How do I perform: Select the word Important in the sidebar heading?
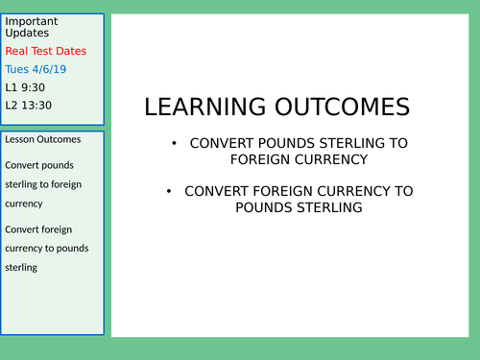(x=32, y=21)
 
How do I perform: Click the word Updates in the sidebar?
(x=27, y=33)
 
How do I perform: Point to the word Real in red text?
(x=18, y=51)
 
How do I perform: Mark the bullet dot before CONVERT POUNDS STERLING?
(x=173, y=144)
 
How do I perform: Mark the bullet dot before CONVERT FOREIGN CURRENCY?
(x=169, y=191)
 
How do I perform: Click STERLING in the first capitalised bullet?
(x=348, y=143)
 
